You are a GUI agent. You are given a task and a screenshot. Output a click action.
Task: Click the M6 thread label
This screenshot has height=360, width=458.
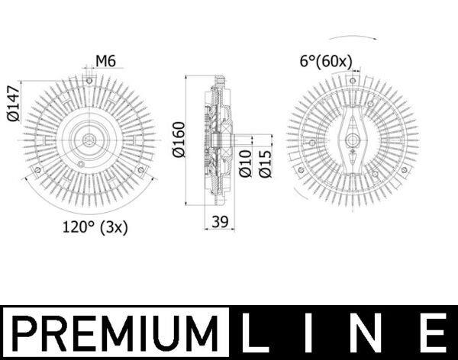[106, 61]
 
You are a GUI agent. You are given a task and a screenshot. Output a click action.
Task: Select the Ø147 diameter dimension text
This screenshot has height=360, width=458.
[14, 104]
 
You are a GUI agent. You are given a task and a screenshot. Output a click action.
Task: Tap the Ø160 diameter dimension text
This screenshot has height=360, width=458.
[179, 140]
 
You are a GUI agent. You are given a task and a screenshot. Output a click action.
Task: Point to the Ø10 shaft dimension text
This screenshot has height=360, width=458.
[245, 163]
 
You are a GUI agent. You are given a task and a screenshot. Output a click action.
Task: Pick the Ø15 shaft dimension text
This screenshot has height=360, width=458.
[265, 163]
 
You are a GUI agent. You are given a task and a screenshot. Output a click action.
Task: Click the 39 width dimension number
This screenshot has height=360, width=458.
[220, 222]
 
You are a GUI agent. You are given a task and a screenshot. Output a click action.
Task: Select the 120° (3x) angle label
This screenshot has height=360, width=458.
[95, 227]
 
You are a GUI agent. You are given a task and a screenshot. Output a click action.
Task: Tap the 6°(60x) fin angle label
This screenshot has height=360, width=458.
[326, 62]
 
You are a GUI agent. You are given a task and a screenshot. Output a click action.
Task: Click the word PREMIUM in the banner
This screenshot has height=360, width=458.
[114, 333]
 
